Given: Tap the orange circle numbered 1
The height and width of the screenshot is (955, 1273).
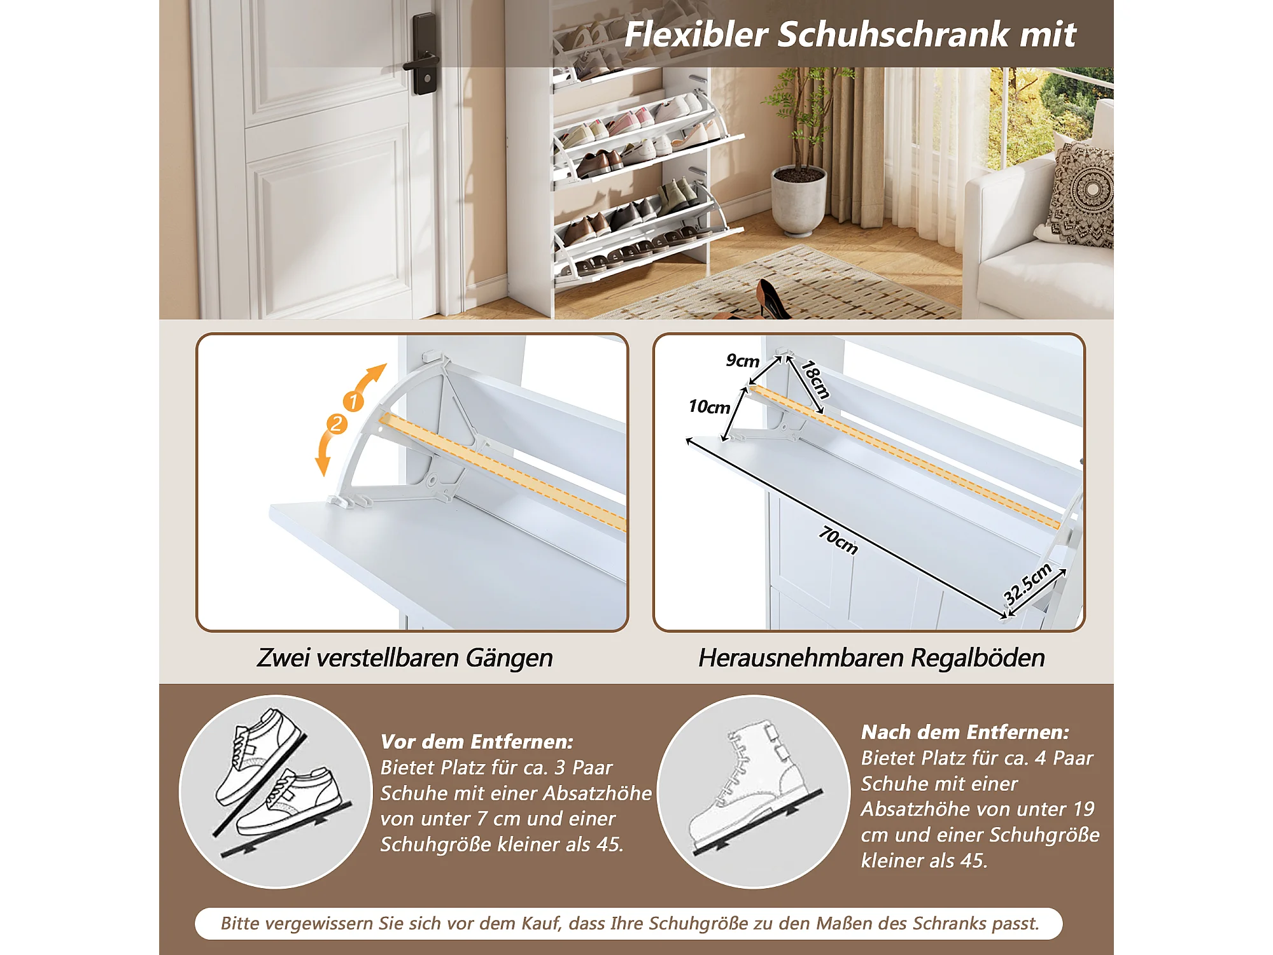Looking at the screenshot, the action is click(353, 401).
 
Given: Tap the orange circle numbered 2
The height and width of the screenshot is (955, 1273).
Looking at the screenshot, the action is click(337, 424).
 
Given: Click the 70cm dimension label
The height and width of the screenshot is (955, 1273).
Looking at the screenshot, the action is click(838, 540).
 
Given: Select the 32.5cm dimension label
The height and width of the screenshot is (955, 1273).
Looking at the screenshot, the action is click(1027, 584).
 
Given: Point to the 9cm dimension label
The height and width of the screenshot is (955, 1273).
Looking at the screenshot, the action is click(743, 361).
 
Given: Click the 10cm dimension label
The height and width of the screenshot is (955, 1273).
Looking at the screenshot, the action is click(709, 407).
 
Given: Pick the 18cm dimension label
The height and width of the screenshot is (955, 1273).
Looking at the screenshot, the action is click(816, 379).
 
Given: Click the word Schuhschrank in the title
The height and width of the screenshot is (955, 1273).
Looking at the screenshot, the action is click(894, 34).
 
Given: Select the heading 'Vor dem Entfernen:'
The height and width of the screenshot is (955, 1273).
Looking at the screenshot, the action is click(477, 742).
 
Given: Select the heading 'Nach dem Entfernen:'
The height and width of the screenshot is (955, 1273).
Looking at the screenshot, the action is click(965, 732).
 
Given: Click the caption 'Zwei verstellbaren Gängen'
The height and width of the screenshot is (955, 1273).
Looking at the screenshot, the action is click(405, 658).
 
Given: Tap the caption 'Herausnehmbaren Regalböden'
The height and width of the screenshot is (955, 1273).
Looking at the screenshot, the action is click(871, 658).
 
